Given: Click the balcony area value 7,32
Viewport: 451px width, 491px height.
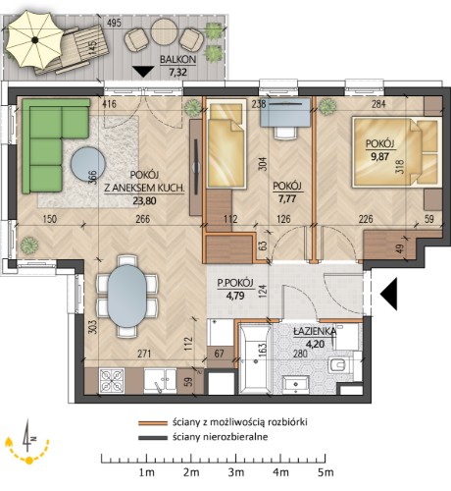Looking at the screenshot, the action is pos(177,72).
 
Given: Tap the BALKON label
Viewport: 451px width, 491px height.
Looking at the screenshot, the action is pos(177,60).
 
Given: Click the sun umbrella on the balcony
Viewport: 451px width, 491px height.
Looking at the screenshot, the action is pos(34,39).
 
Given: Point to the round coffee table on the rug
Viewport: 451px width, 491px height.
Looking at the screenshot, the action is pos(88,164).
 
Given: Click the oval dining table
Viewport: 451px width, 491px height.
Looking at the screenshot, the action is pos(127,296).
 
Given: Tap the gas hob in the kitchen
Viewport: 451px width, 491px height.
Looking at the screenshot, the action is pos(112,380).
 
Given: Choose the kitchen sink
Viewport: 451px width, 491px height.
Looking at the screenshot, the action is pos(160,381).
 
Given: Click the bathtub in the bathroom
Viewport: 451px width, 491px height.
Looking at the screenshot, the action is pos(255,358).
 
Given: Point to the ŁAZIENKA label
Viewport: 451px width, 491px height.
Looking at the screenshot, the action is pos(315,331).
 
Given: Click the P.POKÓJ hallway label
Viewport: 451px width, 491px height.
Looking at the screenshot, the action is pos(235,283).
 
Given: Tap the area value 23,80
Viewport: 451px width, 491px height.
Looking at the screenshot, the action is pos(144,200).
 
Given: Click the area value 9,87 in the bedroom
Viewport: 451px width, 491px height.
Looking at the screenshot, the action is pos(379,156).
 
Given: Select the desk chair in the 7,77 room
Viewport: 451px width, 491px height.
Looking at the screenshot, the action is pos(286,133).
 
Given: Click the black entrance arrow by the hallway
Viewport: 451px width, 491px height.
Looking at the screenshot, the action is pos(388,294).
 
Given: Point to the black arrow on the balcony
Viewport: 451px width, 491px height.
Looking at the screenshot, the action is pos(143,72).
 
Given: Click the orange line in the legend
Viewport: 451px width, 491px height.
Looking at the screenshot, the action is pos(152,423).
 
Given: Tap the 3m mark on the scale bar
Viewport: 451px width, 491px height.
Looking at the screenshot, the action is pos(236,472).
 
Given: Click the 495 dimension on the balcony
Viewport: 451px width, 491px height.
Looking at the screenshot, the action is pos(114,23).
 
